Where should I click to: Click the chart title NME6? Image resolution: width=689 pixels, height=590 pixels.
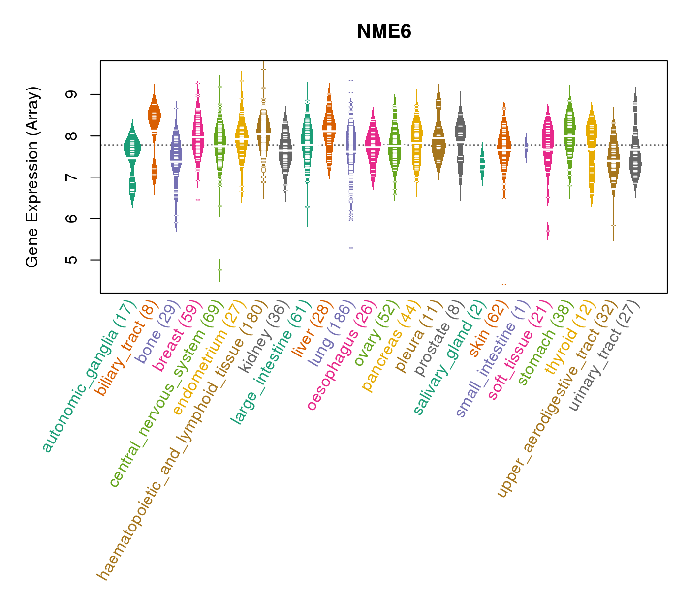(384, 32)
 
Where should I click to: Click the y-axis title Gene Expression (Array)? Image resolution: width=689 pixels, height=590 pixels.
(32, 177)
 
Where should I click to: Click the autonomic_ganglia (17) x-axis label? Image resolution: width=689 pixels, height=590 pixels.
(87, 376)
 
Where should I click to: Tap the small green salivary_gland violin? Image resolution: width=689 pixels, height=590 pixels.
(482, 162)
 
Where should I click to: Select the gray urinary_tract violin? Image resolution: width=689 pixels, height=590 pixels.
(635, 157)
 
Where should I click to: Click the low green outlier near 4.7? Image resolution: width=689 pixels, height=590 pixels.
(219, 270)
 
